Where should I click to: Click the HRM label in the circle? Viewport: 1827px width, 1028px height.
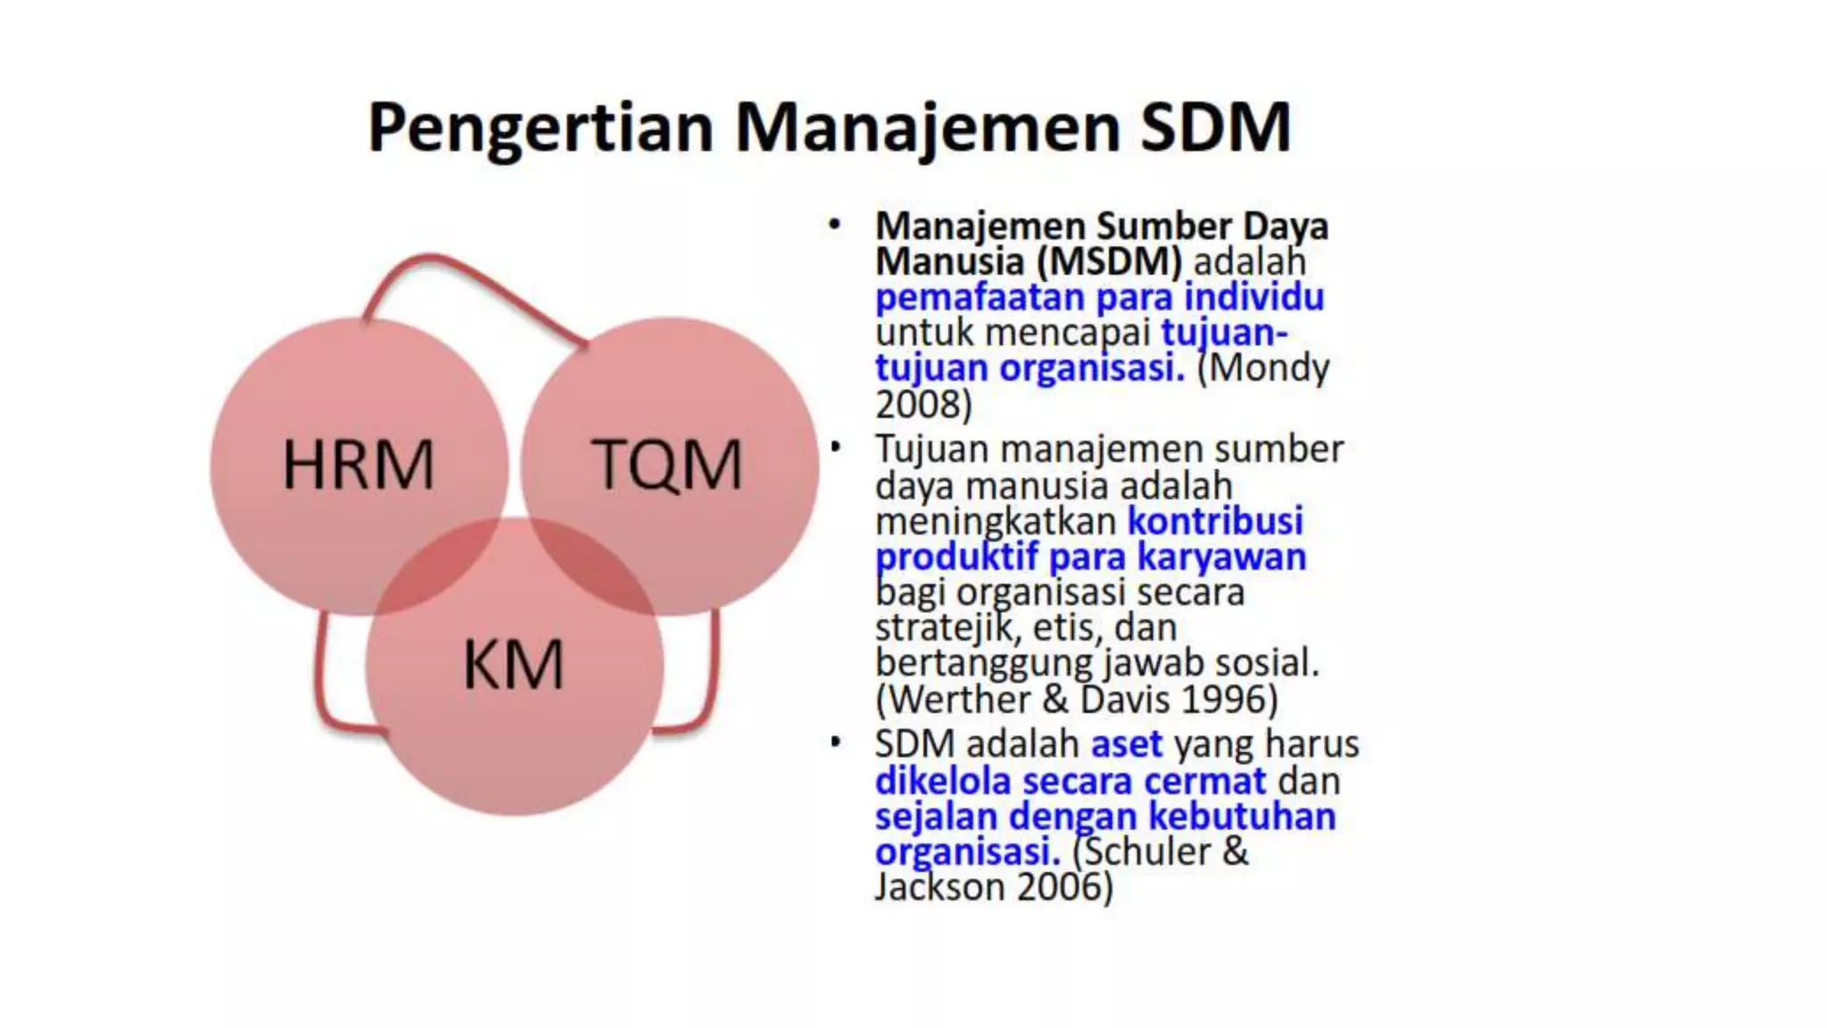359,465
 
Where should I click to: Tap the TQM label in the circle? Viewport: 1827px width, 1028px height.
666,465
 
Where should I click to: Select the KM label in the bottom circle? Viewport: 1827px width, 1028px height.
514,665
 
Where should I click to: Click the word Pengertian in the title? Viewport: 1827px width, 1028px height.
541,128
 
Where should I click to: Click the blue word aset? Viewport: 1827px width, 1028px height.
1127,744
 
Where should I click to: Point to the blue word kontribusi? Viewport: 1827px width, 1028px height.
1215,521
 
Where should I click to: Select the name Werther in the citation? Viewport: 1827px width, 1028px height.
959,700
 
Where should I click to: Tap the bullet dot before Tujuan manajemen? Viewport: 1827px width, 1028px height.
835,446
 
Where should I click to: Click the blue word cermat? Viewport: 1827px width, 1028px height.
1204,782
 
